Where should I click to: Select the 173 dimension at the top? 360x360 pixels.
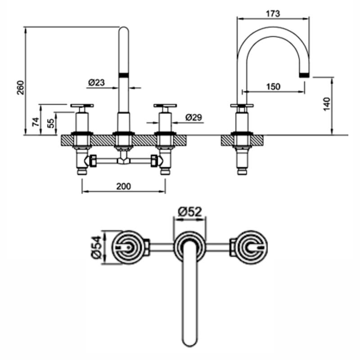click(273, 13)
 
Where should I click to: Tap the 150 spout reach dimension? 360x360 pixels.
click(273, 86)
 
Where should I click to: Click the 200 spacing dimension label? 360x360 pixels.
click(123, 186)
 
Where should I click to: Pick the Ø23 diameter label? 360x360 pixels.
click(97, 82)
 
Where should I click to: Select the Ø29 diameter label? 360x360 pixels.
click(194, 117)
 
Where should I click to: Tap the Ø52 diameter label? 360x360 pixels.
click(189, 211)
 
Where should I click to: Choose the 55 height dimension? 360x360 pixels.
click(51, 123)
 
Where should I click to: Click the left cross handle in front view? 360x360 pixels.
click(82, 107)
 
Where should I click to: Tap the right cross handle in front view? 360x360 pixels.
click(165, 107)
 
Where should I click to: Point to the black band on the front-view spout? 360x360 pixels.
click(123, 75)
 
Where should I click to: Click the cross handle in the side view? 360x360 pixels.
click(242, 107)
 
